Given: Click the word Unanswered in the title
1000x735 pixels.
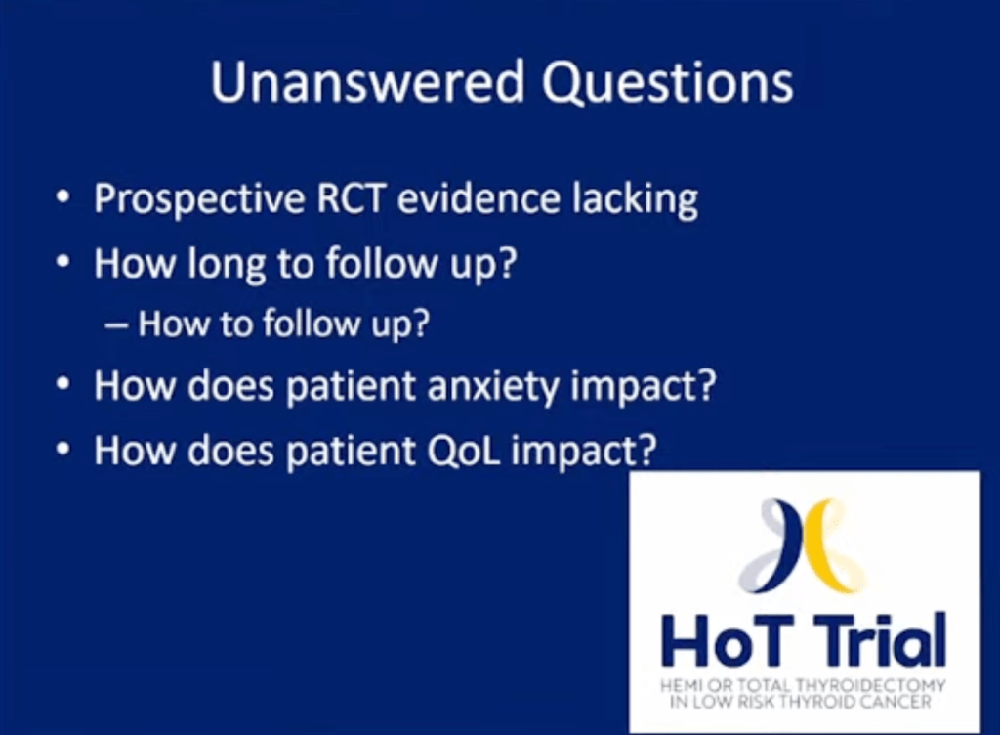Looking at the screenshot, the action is [367, 81].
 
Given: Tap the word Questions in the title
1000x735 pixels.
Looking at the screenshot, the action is [668, 83].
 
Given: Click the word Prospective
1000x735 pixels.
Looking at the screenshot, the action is [199, 200].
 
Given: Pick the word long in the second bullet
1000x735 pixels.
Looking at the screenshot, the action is [226, 264].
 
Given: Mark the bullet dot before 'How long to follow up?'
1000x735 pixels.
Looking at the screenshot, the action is [63, 261].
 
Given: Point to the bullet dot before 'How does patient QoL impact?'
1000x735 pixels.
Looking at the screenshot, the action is [63, 450].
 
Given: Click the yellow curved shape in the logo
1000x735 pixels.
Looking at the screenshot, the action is [828, 542].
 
